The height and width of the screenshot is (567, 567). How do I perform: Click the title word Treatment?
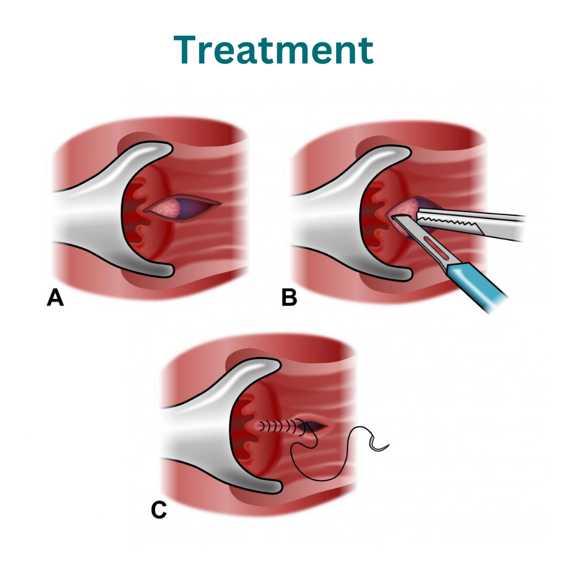tap(274, 50)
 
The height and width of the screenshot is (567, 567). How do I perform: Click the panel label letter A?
tap(55, 298)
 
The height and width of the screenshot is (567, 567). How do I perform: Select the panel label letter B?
tap(289, 298)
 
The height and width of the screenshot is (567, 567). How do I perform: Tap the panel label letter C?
tap(159, 510)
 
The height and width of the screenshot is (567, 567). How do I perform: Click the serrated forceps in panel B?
tap(470, 225)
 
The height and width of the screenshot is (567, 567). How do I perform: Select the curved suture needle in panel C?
tap(378, 446)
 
